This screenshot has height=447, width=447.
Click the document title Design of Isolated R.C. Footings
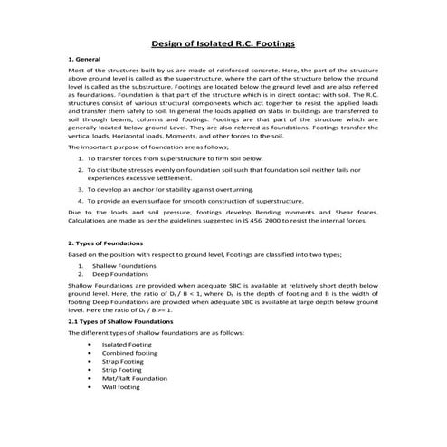click(223, 42)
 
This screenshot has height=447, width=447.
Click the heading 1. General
click(85, 58)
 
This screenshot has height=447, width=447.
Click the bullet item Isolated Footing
click(126, 345)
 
